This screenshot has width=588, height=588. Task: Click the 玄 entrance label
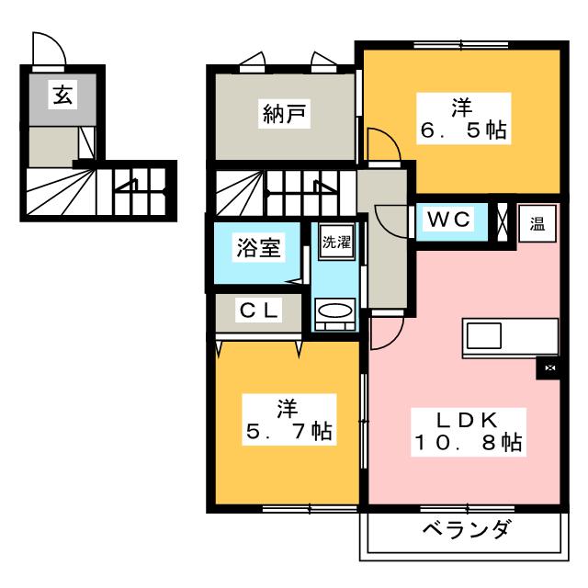pos(62,95)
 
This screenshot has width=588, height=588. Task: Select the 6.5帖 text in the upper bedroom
pos(463,130)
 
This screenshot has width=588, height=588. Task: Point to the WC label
pos(448,219)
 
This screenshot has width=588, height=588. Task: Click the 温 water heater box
pos(537,223)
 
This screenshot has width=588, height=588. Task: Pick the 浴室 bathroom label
pos(258,248)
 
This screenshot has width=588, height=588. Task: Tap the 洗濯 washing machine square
pos(336,242)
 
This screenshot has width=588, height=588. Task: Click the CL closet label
pos(259,311)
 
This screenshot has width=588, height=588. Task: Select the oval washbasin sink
pos(334,311)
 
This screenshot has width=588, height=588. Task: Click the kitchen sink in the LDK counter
pos(484,335)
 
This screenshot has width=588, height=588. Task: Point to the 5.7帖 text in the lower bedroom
pos(289,431)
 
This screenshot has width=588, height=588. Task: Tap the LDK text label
pos(468,421)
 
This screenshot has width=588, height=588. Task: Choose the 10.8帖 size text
pos(468,443)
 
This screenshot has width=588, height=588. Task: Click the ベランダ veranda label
pos(467,529)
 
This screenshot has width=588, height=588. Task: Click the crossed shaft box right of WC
pos(502,222)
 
